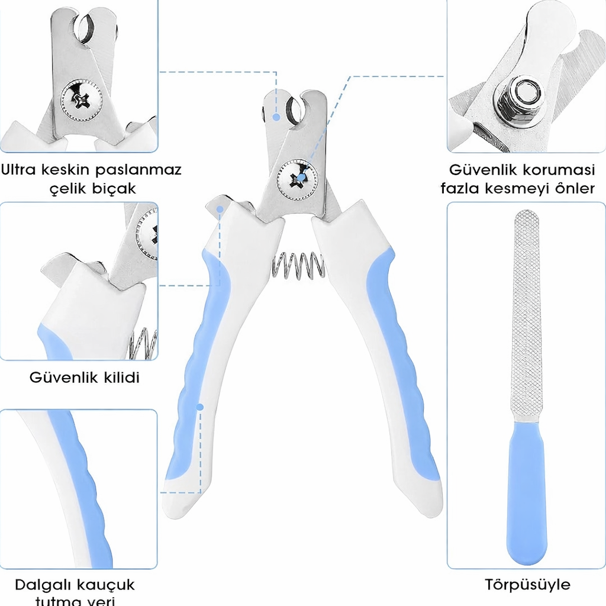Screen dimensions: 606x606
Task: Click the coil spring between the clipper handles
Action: [298, 265]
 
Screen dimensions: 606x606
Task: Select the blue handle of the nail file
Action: [526, 497]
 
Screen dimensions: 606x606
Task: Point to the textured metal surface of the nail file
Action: [526, 314]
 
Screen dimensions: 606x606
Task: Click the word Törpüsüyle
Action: [527, 585]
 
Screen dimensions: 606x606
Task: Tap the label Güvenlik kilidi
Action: [85, 378]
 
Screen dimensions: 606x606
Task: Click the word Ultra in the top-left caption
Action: [20, 170]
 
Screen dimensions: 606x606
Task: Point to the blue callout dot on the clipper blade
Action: [276, 117]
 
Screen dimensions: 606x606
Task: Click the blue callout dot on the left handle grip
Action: [200, 407]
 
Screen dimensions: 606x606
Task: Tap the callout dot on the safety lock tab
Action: [220, 209]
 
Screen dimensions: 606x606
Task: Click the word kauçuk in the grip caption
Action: [108, 585]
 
